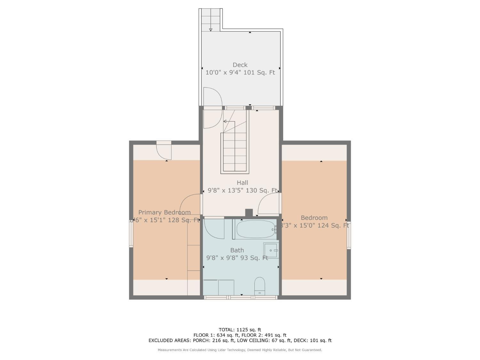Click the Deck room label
(x=240, y=65)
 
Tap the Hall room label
(x=242, y=183)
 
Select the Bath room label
(x=237, y=250)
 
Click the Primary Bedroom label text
(x=164, y=212)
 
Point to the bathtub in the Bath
(x=255, y=229)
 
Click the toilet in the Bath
(x=260, y=286)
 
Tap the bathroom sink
(x=270, y=250)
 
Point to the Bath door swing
(x=214, y=228)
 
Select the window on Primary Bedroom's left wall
(x=131, y=233)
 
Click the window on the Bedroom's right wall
(x=349, y=235)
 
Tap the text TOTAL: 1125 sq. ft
(x=240, y=330)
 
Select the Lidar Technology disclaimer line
(x=240, y=350)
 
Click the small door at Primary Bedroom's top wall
(x=164, y=150)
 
